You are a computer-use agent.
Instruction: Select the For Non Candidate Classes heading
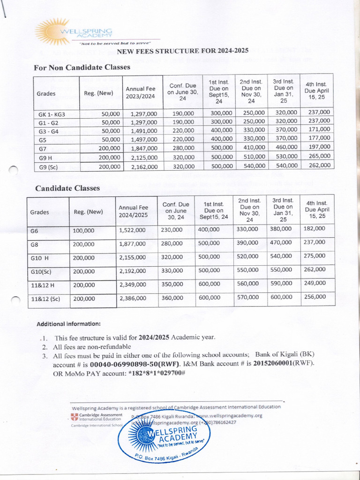(x=82, y=67)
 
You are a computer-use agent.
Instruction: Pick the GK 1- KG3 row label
(x=52, y=114)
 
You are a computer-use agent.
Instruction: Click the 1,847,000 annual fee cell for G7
(x=144, y=148)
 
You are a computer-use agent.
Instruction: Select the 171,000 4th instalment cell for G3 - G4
(x=319, y=129)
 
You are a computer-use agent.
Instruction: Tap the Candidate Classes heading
(x=67, y=188)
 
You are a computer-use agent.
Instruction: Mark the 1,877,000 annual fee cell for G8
(x=132, y=244)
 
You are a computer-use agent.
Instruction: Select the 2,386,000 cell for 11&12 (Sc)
(x=132, y=298)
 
